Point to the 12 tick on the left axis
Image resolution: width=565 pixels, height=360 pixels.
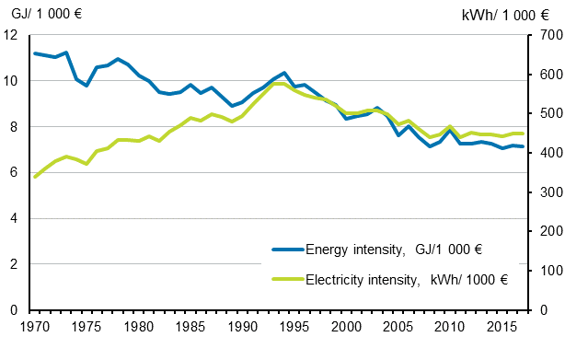click(x=12, y=35)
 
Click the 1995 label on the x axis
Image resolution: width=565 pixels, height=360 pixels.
click(x=294, y=327)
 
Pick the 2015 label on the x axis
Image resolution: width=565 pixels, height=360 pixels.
click(x=502, y=327)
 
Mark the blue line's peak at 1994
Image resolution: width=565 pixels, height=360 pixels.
click(x=284, y=73)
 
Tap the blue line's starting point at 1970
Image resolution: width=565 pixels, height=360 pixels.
click(x=34, y=53)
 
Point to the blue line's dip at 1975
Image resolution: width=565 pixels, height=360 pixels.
click(x=86, y=86)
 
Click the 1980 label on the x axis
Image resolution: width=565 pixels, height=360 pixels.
click(x=138, y=327)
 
